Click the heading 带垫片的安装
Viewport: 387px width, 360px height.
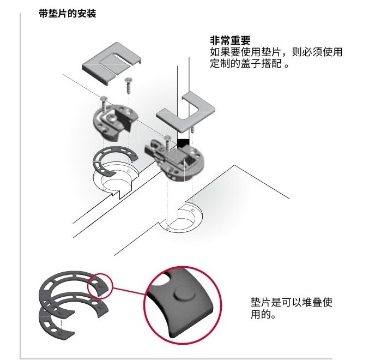[68, 13]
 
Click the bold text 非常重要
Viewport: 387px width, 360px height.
[230, 40]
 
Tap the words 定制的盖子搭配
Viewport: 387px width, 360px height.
[246, 63]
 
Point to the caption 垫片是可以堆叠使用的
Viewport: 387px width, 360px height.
[292, 308]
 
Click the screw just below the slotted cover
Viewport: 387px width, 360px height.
[128, 85]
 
